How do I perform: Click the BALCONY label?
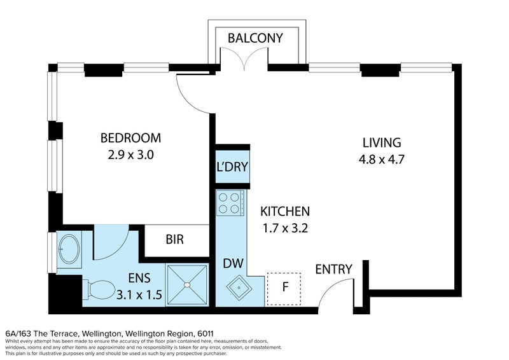(255, 38)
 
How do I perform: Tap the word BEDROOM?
(130, 138)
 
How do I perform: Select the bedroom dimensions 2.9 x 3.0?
(130, 155)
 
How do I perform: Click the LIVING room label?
(382, 143)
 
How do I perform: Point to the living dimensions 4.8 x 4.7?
(382, 160)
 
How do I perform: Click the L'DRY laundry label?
(232, 167)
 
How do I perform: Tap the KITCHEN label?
(285, 212)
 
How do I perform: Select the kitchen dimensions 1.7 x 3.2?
(285, 228)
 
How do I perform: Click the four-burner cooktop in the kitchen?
(230, 203)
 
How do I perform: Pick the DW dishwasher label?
(233, 263)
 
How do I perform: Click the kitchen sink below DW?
(239, 287)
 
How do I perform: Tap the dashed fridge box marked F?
(284, 289)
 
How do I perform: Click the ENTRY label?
(333, 270)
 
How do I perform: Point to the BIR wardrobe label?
(174, 240)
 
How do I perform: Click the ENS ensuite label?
(139, 278)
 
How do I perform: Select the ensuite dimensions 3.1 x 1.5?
(139, 294)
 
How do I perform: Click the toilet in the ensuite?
(99, 290)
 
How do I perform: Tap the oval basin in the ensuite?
(69, 249)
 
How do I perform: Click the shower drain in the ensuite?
(187, 285)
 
